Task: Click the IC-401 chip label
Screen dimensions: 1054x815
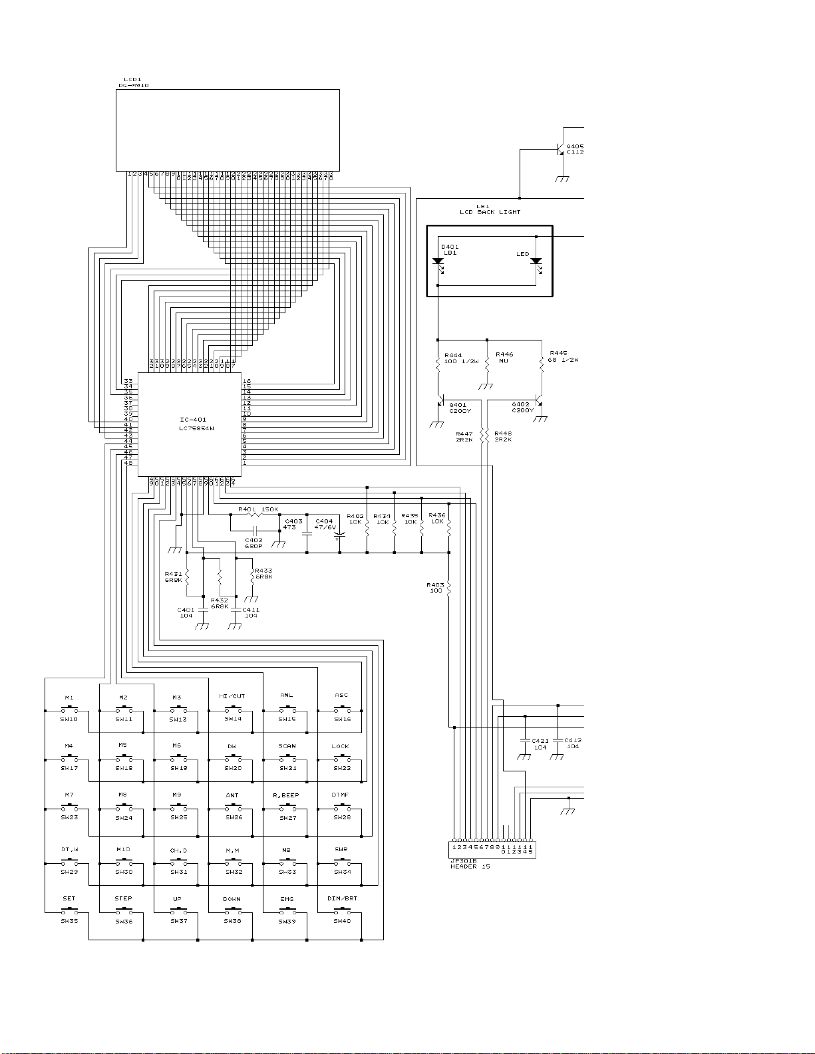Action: point(193,420)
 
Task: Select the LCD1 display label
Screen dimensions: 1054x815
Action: point(132,80)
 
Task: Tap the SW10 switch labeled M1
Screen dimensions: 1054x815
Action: point(69,710)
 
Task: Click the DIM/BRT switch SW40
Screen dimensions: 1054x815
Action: point(342,912)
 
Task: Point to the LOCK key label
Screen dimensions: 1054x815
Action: point(340,746)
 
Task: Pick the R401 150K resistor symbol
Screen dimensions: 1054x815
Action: point(254,514)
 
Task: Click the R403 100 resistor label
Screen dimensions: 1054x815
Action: point(436,588)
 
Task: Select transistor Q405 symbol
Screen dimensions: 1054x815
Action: point(560,150)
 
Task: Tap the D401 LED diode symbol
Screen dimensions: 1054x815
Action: point(438,262)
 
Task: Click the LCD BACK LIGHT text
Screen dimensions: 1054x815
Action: point(490,212)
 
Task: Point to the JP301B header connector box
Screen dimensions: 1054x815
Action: point(492,849)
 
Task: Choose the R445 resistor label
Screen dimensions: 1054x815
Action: point(559,354)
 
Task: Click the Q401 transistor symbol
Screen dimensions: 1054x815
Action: point(442,404)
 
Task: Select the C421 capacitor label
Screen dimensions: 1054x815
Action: point(540,740)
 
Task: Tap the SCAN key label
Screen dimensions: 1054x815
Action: point(287,746)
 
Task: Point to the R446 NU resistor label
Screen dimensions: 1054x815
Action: point(504,358)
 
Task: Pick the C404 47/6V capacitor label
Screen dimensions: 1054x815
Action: point(325,524)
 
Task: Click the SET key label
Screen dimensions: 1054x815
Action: point(69,898)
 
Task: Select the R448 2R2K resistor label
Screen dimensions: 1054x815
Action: point(503,436)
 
